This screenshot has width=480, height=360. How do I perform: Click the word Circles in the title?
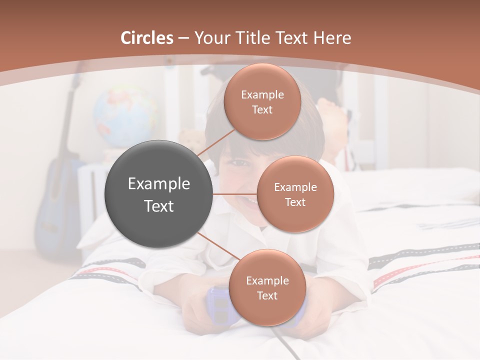tap(147, 38)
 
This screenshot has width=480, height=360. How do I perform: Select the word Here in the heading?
tap(332, 38)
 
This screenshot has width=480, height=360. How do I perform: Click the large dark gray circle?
tap(158, 194)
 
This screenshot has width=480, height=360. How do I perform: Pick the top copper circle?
tap(262, 101)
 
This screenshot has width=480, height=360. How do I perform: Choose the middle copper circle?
tap(295, 194)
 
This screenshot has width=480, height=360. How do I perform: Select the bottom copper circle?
tap(267, 287)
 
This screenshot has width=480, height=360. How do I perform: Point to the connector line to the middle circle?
tap(234, 194)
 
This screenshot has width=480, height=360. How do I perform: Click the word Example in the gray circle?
tap(158, 184)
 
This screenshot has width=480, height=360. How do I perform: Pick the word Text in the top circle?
tap(262, 109)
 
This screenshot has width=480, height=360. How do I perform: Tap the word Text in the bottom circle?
tap(267, 295)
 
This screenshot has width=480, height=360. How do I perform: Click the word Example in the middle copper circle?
tap(295, 187)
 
